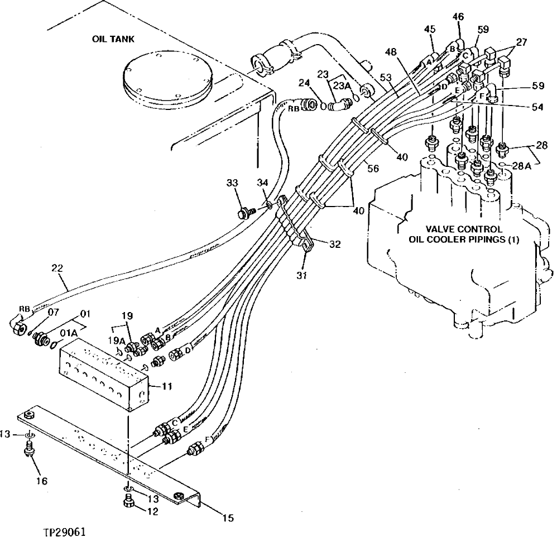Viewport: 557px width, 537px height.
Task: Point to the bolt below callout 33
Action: click(244, 212)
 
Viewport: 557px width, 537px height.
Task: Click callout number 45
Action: click(429, 28)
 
